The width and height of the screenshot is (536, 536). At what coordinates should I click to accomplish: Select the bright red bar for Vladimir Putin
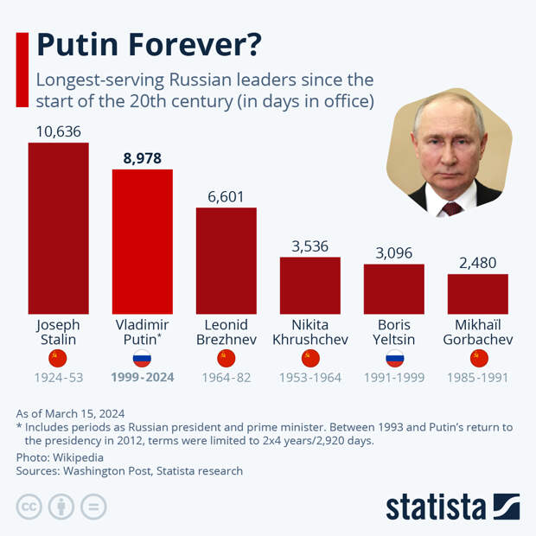(142, 241)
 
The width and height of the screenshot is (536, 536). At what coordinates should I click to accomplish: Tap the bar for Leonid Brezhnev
(226, 260)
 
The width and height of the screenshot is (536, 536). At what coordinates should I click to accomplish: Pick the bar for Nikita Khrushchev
(309, 285)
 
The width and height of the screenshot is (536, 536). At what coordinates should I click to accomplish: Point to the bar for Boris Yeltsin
(393, 289)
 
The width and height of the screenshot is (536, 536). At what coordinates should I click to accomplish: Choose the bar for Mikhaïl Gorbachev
(477, 293)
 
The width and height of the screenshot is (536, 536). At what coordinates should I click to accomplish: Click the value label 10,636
(58, 131)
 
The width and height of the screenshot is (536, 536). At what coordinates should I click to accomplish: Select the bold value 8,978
(142, 158)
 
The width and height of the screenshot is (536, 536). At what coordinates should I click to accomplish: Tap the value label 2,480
(477, 263)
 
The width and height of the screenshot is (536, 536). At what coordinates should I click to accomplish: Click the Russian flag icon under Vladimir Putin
(142, 359)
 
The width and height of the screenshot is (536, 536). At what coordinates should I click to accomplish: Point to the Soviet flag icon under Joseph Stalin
(58, 359)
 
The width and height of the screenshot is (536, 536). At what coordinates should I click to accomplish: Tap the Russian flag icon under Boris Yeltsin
(393, 359)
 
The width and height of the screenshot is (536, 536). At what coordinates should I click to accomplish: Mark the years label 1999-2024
(142, 378)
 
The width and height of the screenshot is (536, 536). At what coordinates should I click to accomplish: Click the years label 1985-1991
(477, 378)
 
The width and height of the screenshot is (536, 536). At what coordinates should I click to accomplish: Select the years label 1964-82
(226, 378)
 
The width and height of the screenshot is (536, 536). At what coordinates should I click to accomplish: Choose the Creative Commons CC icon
(29, 507)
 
